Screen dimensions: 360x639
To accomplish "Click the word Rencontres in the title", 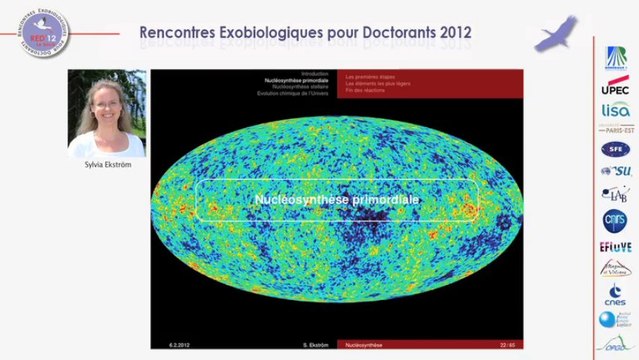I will pyautogui.click(x=183, y=33).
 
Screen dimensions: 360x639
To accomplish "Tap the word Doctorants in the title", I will pyautogui.click(x=388, y=33).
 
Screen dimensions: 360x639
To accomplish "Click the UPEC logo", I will pyautogui.click(x=615, y=88).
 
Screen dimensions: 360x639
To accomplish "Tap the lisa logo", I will pyautogui.click(x=615, y=110).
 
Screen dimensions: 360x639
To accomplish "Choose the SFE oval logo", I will pyautogui.click(x=615, y=149).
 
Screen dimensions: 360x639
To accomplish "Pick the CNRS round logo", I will pyautogui.click(x=615, y=219).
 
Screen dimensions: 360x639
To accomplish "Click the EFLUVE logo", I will pyautogui.click(x=615, y=245).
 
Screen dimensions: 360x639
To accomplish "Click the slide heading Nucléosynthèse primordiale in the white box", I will pyautogui.click(x=336, y=200).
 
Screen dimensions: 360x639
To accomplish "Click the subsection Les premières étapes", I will pyautogui.click(x=367, y=75).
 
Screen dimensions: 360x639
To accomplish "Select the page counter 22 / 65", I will pyautogui.click(x=507, y=344).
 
